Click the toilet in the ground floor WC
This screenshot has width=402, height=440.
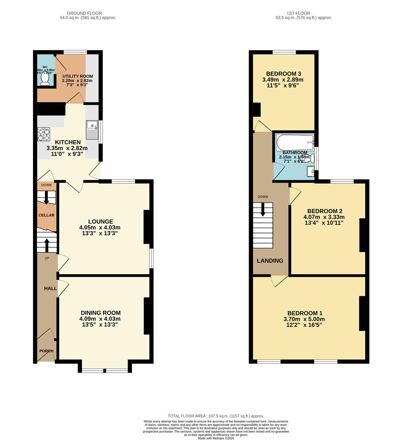(45, 80)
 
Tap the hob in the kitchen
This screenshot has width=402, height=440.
(44, 134)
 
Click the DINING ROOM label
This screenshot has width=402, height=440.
(100, 313)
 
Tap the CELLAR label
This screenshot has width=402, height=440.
(46, 215)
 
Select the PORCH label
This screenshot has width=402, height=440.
(46, 351)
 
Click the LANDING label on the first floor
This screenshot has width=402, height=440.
(270, 261)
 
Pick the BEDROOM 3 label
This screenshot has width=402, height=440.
(283, 74)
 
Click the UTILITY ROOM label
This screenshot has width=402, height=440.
(77, 76)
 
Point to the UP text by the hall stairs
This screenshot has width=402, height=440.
(47, 258)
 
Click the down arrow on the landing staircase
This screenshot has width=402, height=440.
(263, 210)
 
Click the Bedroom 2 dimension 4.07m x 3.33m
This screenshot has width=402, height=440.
(325, 217)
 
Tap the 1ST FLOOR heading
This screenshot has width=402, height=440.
(304, 13)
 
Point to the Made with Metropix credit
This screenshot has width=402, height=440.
(216, 438)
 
